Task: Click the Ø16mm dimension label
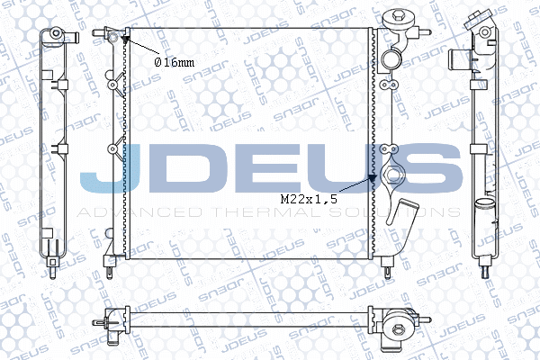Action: point(174,62)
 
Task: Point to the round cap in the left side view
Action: point(54,34)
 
